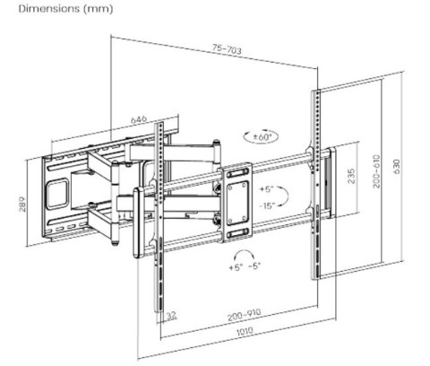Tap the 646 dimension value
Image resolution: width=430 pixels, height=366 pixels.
(x=138, y=118)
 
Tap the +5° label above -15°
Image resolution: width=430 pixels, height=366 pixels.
(x=266, y=190)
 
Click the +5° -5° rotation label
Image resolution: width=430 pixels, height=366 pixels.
(x=244, y=267)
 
